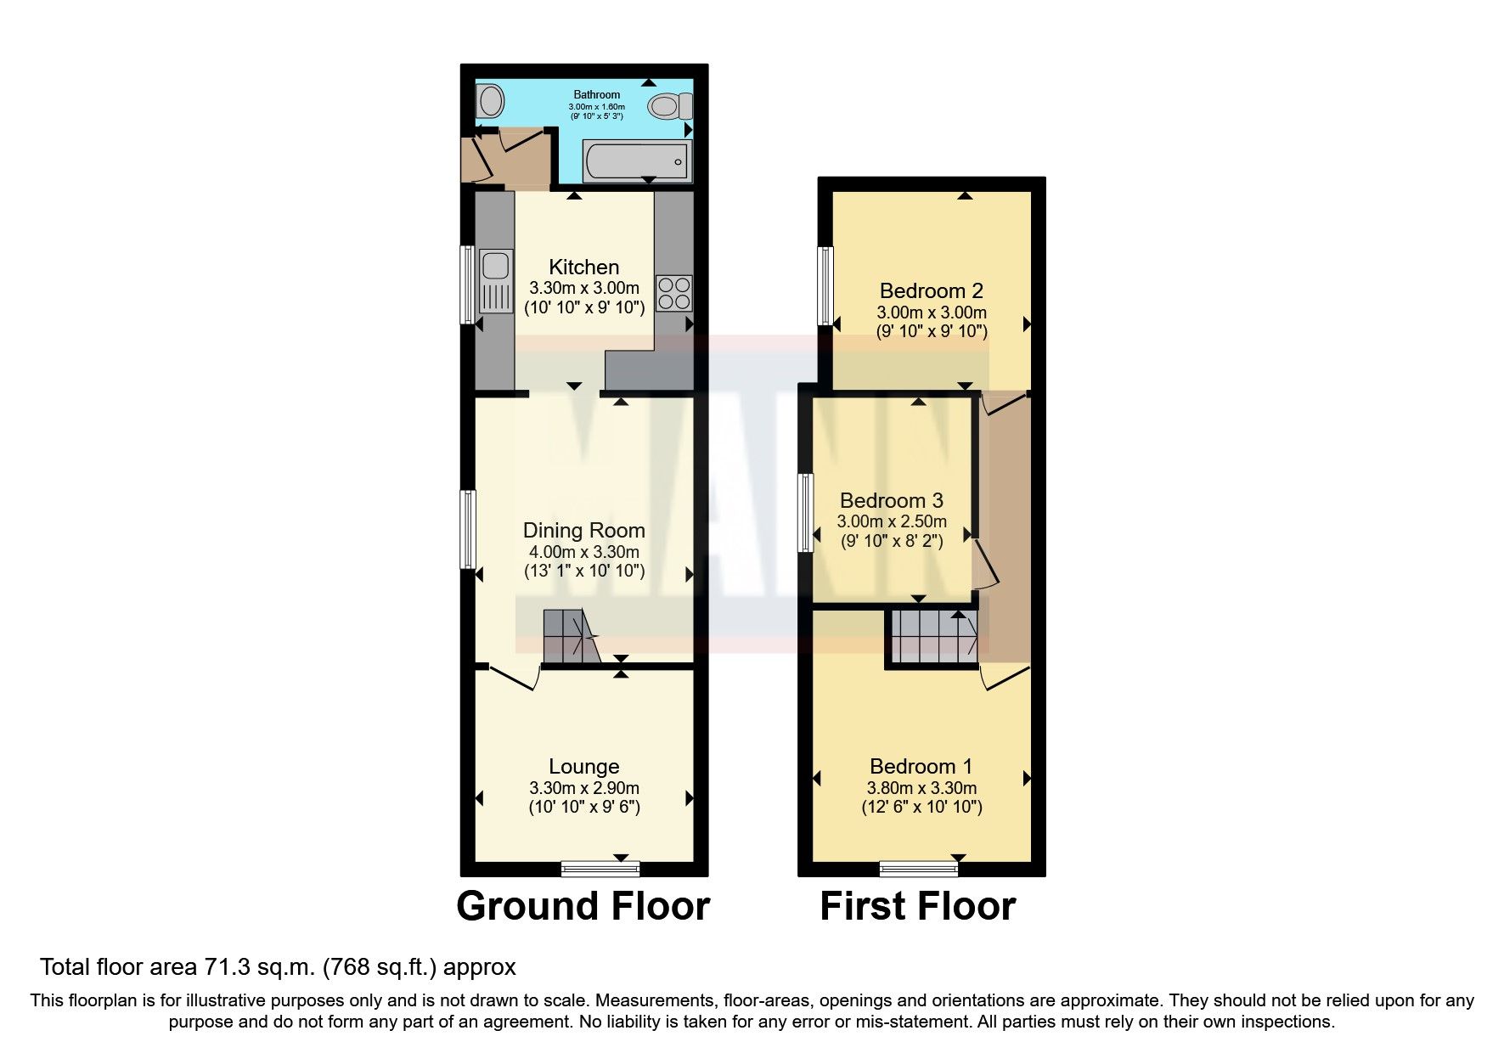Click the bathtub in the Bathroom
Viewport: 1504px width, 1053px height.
[x=636, y=160]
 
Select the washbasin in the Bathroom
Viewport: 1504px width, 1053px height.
[x=488, y=103]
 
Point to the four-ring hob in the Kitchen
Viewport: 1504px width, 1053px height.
[x=674, y=293]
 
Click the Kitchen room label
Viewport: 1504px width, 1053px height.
[x=583, y=267]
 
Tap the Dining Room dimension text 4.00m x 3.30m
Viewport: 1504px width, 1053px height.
[x=583, y=552]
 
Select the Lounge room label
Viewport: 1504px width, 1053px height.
[x=583, y=767]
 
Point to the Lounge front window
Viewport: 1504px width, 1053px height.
[x=600, y=868]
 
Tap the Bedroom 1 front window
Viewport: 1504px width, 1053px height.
[x=918, y=868]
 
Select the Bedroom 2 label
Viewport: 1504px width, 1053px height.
[x=931, y=291]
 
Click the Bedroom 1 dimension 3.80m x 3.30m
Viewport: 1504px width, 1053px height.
[x=921, y=788]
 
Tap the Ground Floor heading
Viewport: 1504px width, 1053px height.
[x=583, y=906]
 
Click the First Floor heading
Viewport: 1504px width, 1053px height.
[x=917, y=906]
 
